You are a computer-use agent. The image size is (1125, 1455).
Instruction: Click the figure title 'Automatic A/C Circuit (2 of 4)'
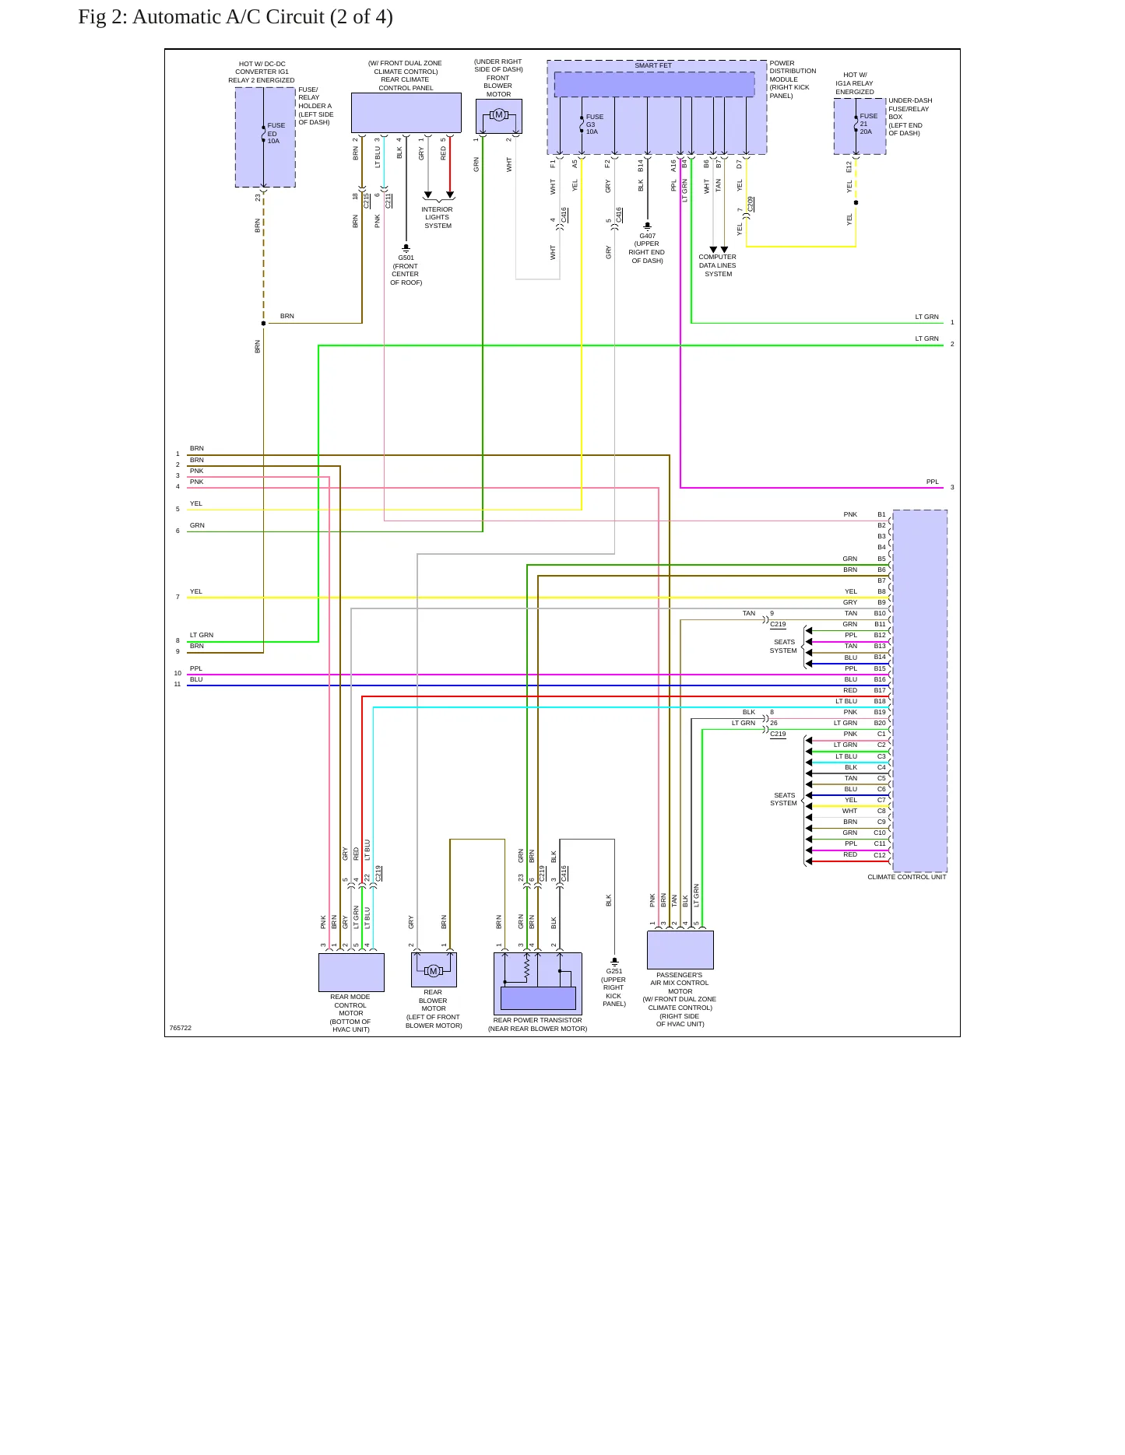[x=262, y=16]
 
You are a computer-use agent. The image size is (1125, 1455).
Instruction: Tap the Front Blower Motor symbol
[x=499, y=116]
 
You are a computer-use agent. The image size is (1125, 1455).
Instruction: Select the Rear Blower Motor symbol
[x=434, y=970]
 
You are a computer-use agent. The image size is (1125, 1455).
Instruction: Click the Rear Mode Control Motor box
[x=351, y=972]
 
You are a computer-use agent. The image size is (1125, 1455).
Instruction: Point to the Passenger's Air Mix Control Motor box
[x=680, y=950]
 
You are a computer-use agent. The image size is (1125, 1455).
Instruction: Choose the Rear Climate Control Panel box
[x=406, y=113]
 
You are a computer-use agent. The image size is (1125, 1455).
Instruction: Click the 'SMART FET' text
[x=652, y=65]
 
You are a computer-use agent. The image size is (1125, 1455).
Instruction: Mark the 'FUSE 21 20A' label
[x=868, y=124]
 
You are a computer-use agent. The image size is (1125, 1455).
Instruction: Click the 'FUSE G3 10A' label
[x=594, y=124]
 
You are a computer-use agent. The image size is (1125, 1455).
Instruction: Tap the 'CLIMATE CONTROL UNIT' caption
[x=907, y=877]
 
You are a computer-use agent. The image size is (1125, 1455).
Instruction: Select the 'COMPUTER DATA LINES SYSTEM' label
[x=717, y=265]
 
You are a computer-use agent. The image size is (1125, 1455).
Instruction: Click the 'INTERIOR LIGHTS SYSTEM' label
[x=438, y=217]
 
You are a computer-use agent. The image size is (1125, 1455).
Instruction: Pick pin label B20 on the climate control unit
[x=880, y=723]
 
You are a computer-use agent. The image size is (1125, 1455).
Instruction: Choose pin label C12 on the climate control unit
[x=880, y=855]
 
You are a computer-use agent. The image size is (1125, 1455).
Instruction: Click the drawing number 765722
[x=181, y=1028]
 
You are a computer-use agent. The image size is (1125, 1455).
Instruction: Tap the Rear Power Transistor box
[x=538, y=983]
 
